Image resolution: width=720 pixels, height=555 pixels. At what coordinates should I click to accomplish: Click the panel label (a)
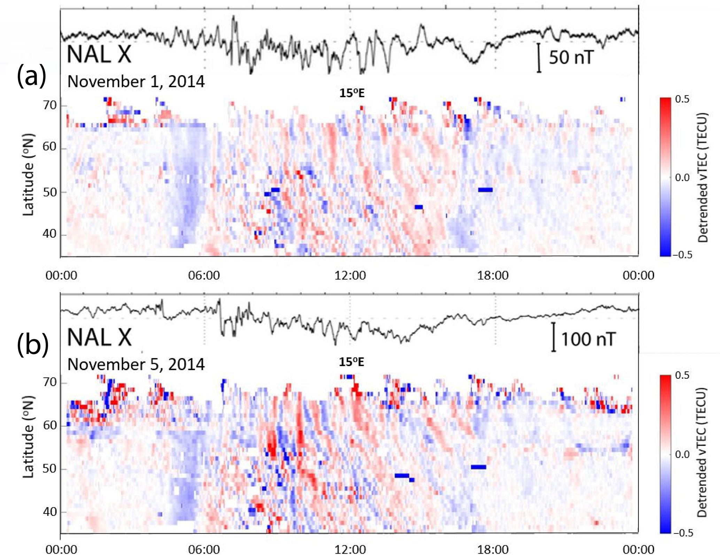(31, 77)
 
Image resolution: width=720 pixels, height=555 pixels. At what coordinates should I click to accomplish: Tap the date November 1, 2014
(136, 82)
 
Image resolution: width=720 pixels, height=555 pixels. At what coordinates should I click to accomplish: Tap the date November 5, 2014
(136, 364)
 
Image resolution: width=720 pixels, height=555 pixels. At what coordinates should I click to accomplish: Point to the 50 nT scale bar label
(571, 57)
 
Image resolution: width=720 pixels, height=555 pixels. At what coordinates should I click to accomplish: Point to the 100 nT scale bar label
(588, 339)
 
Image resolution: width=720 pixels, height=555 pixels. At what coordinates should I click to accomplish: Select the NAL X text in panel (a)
(99, 54)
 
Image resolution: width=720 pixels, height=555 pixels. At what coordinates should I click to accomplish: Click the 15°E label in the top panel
(352, 93)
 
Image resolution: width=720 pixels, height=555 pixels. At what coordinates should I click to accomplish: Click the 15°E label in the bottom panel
(351, 362)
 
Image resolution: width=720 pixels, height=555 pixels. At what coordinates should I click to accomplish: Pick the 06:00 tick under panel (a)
(204, 276)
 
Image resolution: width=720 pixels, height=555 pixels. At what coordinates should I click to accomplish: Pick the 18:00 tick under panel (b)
(493, 549)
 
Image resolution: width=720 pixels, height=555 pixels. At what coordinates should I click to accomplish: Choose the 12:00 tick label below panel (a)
(350, 276)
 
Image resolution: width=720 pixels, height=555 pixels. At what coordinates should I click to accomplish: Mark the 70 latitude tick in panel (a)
(50, 105)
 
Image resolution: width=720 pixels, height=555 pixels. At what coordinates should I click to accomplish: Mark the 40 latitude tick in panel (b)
(50, 512)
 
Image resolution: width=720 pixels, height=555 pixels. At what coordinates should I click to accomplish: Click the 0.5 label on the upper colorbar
(682, 99)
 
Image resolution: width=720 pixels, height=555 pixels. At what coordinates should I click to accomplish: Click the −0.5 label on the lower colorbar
(682, 533)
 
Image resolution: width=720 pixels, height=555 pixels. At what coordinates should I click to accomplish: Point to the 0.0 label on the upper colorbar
(682, 178)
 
